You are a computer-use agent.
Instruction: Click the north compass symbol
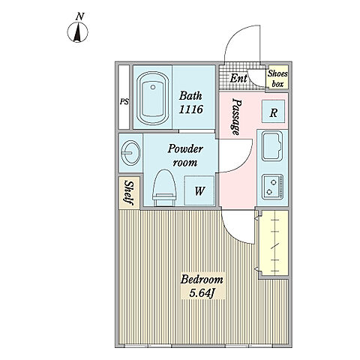77,32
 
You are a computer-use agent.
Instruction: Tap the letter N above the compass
79,16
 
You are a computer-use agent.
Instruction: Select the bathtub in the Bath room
153,98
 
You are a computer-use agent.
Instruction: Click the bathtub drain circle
153,87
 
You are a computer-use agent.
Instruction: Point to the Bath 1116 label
190,103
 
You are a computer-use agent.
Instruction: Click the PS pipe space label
124,102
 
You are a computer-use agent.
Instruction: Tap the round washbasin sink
130,152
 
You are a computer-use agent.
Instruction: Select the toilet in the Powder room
164,187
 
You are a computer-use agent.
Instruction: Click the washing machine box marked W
199,190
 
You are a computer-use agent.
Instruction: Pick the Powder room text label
185,155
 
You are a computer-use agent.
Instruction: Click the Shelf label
128,193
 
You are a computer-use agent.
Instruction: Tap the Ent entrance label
238,78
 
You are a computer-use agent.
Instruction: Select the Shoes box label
277,79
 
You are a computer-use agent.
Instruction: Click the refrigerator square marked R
273,112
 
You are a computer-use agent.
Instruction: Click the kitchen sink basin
272,146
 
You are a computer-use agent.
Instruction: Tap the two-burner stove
272,187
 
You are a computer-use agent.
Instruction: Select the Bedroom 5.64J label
202,286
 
